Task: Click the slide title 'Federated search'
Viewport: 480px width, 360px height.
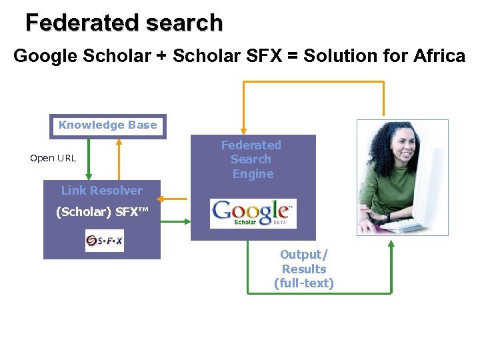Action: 124,23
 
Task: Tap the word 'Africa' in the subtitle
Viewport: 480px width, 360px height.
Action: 439,56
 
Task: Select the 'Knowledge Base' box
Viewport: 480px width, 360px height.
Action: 108,125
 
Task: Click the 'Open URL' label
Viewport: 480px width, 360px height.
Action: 53,159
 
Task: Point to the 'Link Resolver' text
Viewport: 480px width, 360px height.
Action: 102,191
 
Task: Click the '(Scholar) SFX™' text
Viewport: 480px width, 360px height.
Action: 102,213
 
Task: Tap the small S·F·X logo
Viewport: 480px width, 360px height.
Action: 104,241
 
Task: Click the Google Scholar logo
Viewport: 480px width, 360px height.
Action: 253,213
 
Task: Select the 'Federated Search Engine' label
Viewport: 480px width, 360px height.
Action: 251,159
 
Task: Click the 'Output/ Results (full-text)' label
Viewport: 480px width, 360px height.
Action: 304,269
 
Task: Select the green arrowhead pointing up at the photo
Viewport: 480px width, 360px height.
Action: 391,244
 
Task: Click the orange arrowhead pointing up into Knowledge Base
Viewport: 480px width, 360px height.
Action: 119,141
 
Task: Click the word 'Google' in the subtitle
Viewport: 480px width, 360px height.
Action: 45,56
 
